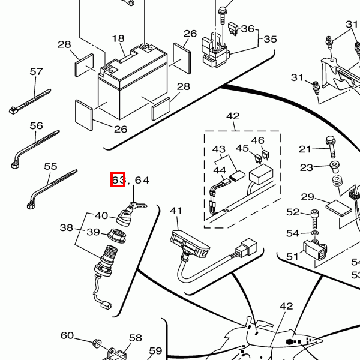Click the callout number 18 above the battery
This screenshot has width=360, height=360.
coord(118,39)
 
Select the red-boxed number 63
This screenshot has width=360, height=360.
coord(118,179)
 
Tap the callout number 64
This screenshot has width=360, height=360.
coord(142,179)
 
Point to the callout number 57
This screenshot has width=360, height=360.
coord(36,71)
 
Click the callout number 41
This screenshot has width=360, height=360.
coord(176,211)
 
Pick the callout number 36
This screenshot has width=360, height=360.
coord(247,29)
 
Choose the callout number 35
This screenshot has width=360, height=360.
coord(270,40)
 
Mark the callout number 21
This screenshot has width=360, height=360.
coord(306,149)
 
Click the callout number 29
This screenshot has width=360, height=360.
coord(308,197)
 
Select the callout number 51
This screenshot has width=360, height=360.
coord(292,256)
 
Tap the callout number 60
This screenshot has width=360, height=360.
coord(67,335)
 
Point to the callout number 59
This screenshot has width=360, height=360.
coord(155,351)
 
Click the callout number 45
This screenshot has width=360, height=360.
coord(242,148)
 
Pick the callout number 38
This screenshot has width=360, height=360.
coord(66,227)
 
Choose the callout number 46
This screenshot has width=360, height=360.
coord(258,140)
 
